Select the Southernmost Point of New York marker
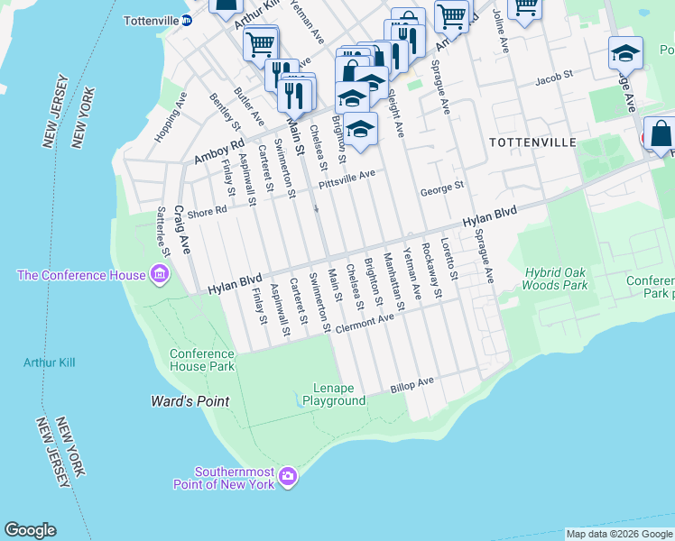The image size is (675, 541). (x=288, y=475)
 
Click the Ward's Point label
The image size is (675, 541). (x=190, y=401)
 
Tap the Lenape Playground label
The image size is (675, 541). (x=334, y=394)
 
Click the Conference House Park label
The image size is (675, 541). (x=202, y=360)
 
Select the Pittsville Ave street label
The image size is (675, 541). (x=346, y=179)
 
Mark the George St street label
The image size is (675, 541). (x=441, y=190)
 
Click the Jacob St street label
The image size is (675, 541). (x=553, y=79)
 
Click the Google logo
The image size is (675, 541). (x=30, y=530)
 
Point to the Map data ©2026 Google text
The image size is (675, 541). (x=618, y=534)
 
